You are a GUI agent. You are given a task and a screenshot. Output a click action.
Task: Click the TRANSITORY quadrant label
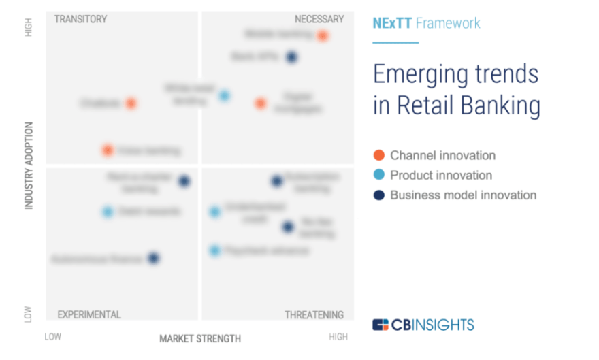pyautogui.click(x=80, y=19)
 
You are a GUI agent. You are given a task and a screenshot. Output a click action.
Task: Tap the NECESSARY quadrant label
pyautogui.click(x=319, y=19)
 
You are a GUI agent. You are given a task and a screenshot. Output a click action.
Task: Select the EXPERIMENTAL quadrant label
pyautogui.click(x=88, y=314)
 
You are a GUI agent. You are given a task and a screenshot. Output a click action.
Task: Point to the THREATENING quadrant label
pyautogui.click(x=314, y=314)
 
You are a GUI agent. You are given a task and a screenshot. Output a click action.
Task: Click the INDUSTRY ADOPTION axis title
pyautogui.click(x=29, y=165)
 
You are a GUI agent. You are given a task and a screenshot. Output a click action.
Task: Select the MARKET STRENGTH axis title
pyautogui.click(x=199, y=338)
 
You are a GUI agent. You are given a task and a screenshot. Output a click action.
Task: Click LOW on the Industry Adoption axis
pyautogui.click(x=29, y=314)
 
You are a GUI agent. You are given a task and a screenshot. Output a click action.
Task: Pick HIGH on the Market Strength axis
pyautogui.click(x=338, y=337)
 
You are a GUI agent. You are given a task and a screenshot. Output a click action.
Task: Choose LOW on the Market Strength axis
pyautogui.click(x=53, y=337)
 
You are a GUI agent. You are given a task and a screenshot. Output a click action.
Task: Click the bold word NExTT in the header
pyautogui.click(x=392, y=23)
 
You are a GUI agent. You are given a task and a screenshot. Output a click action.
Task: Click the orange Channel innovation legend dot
pyautogui.click(x=379, y=155)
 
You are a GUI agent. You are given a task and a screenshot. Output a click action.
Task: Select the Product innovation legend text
pyautogui.click(x=441, y=175)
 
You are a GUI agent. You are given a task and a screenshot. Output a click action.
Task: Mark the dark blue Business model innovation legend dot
pyautogui.click(x=379, y=195)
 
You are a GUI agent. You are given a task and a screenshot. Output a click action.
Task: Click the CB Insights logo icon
pyautogui.click(x=381, y=325)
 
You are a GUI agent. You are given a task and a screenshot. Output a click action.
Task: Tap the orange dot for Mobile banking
pyautogui.click(x=323, y=35)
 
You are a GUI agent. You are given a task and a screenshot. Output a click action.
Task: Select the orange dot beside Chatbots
pyautogui.click(x=131, y=103)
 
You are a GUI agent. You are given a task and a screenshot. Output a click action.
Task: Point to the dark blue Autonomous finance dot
pyautogui.click(x=153, y=258)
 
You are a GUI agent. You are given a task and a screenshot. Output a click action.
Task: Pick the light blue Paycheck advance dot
pyautogui.click(x=214, y=250)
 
